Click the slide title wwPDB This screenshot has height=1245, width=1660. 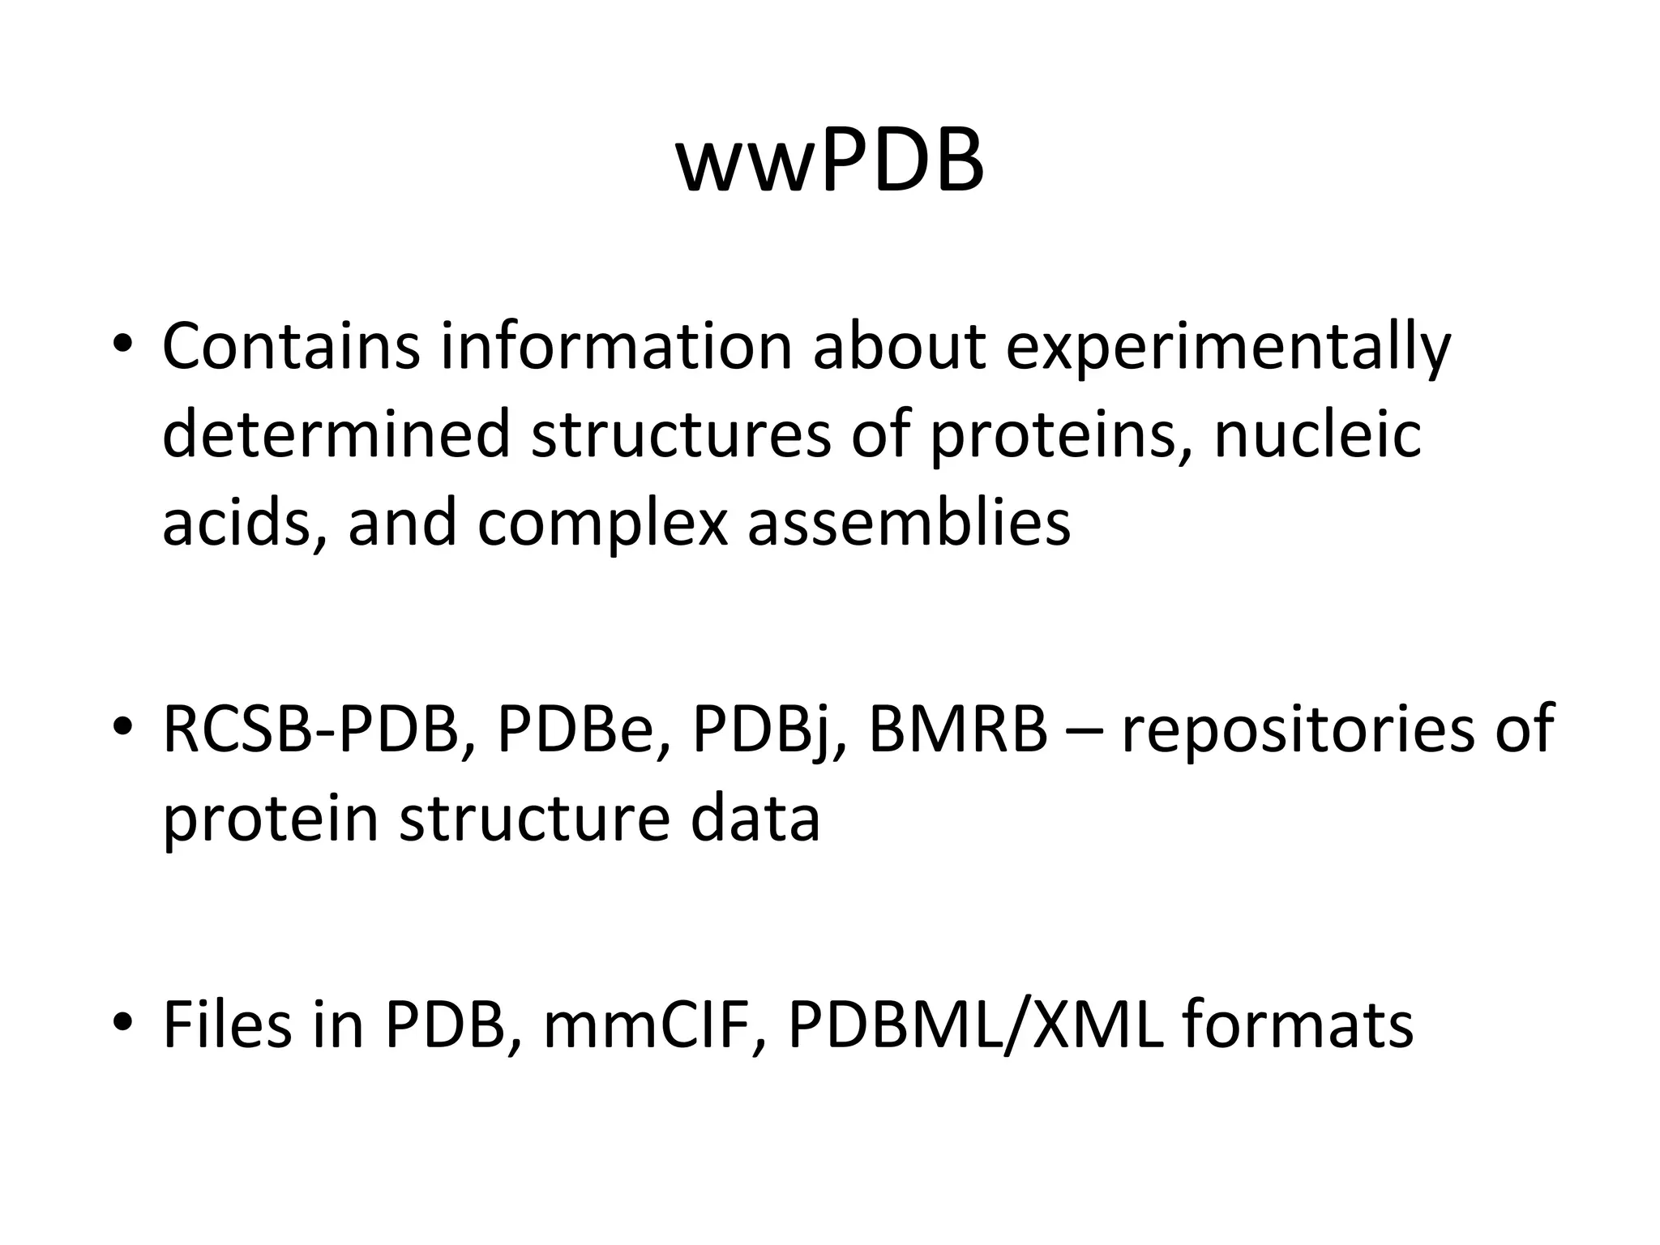tap(830, 163)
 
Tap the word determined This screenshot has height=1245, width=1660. tap(336, 434)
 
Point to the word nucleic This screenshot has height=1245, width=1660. tap(1317, 434)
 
